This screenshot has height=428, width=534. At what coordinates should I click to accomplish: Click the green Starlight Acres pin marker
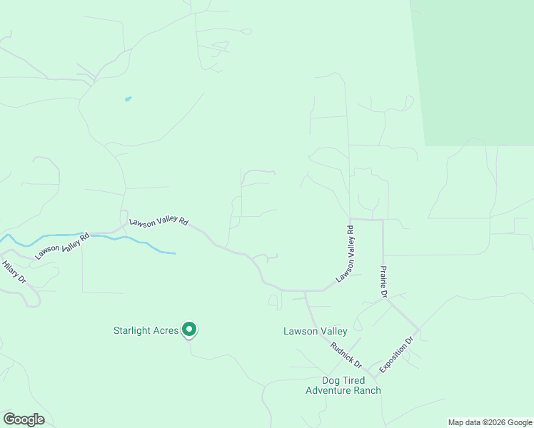pos(189,330)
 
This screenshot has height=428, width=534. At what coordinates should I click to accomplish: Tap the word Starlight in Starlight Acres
pos(133,330)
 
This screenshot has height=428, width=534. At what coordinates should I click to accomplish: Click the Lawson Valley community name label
pos(315,331)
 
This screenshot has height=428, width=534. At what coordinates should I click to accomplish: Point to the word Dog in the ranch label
pos(332,379)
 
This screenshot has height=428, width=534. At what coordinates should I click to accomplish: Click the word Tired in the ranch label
pos(353,379)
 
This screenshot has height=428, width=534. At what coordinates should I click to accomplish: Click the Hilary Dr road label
pos(14,272)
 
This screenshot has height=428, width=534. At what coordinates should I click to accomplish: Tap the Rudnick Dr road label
pos(346,354)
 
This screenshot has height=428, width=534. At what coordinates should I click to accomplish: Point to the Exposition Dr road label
pos(397,355)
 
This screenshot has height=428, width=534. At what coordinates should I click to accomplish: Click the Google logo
pos(24,419)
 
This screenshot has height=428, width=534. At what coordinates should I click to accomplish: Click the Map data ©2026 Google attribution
pos(489,422)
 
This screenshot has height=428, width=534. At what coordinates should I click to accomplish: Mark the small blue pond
pos(128,98)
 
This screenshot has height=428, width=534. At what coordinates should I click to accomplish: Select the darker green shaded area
pos(475,71)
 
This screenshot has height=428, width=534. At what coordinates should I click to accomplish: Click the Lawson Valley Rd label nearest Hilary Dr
pos(62,244)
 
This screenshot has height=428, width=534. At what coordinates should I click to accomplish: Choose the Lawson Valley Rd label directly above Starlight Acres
pos(158,222)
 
